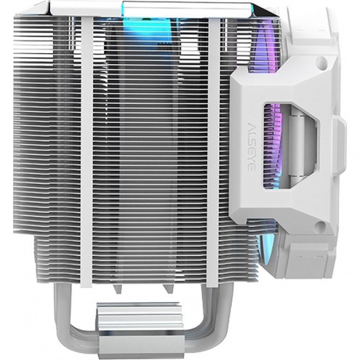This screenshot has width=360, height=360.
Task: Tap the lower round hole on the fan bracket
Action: (x=322, y=225)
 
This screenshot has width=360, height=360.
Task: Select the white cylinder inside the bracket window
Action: (x=297, y=146)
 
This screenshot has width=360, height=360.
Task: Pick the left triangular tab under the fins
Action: (x=118, y=289)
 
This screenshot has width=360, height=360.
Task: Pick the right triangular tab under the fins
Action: (x=167, y=289)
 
